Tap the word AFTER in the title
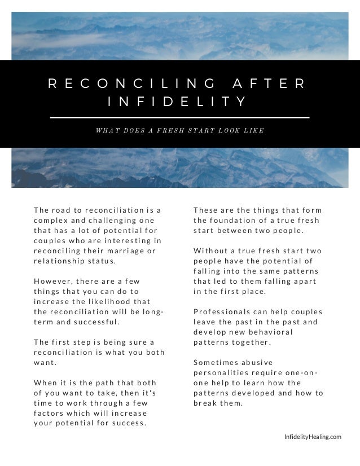[269, 83]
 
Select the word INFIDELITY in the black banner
[177, 102]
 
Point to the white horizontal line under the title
[180, 117]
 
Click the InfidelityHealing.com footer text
[313, 436]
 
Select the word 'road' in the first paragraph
[63, 210]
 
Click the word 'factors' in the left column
[50, 412]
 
